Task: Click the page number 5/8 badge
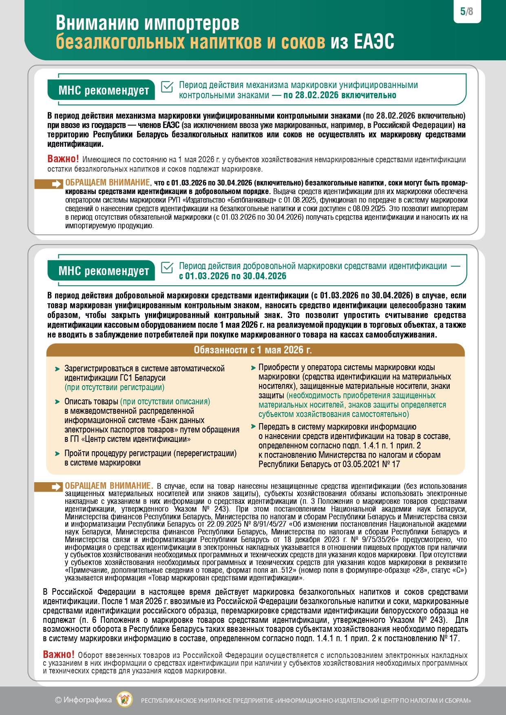coord(467,11)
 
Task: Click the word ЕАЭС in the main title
coord(374,42)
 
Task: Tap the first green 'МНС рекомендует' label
coord(104,90)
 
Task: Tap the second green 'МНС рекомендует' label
coord(104,271)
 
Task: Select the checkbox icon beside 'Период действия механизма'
coord(167,87)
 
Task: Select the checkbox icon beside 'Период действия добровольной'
coord(167,267)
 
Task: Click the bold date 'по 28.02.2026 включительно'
coord(340,95)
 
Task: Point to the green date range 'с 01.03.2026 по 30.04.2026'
coord(232,276)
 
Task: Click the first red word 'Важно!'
coord(63,159)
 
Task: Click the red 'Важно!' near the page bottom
coord(59,654)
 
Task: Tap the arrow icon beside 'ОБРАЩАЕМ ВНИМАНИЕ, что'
coord(55,184)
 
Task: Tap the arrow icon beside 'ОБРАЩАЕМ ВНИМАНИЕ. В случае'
coord(55,487)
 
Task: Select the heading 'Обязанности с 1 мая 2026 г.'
coord(253,350)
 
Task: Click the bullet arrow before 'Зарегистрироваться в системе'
coord(57,369)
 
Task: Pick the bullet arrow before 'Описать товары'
coord(57,402)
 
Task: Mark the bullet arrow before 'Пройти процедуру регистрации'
coord(57,454)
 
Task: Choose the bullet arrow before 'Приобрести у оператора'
coord(253,368)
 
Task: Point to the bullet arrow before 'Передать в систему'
coord(253,427)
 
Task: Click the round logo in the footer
coord(124,700)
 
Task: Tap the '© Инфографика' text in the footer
coord(83,700)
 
